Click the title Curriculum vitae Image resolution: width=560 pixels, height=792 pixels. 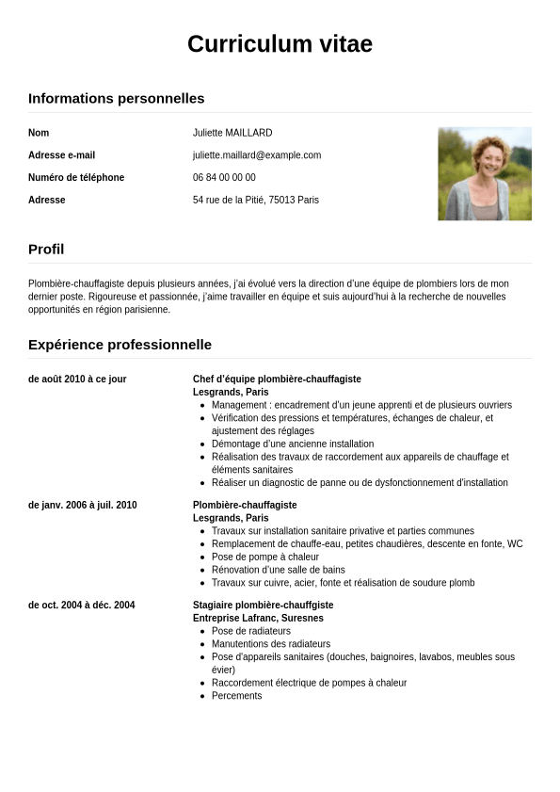click(280, 44)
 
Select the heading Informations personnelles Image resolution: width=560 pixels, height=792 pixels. click(116, 98)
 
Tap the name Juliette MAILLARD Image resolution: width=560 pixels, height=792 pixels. click(232, 133)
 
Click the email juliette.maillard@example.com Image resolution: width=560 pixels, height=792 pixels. click(257, 155)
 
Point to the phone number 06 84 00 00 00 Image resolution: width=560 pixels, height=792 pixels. click(224, 177)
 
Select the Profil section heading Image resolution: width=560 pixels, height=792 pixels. click(46, 250)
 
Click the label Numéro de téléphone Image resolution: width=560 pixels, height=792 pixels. click(76, 177)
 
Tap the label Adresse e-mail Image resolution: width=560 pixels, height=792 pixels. click(61, 155)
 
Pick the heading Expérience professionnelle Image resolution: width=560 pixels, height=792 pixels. click(120, 345)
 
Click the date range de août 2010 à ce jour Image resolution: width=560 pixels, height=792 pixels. click(77, 379)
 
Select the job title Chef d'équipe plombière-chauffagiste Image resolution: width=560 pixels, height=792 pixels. click(277, 379)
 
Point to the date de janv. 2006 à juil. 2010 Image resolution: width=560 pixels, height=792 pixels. click(82, 505)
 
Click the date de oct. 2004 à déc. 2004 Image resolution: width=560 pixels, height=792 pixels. click(81, 605)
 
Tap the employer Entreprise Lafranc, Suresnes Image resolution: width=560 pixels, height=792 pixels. click(258, 618)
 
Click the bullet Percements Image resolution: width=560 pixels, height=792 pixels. click(236, 696)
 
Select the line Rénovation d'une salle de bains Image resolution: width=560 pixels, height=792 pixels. click(278, 570)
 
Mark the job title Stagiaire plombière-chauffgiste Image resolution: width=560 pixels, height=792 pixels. click(263, 605)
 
